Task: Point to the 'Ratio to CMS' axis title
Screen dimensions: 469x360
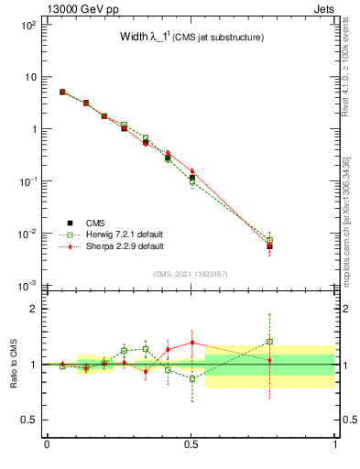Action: pos(14,364)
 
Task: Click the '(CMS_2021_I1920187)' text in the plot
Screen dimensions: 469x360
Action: pos(191,274)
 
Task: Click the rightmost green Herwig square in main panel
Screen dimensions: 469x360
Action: pos(269,240)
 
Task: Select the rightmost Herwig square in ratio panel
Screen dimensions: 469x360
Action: pos(269,342)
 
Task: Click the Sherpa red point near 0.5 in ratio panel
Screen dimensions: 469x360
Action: pos(191,343)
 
